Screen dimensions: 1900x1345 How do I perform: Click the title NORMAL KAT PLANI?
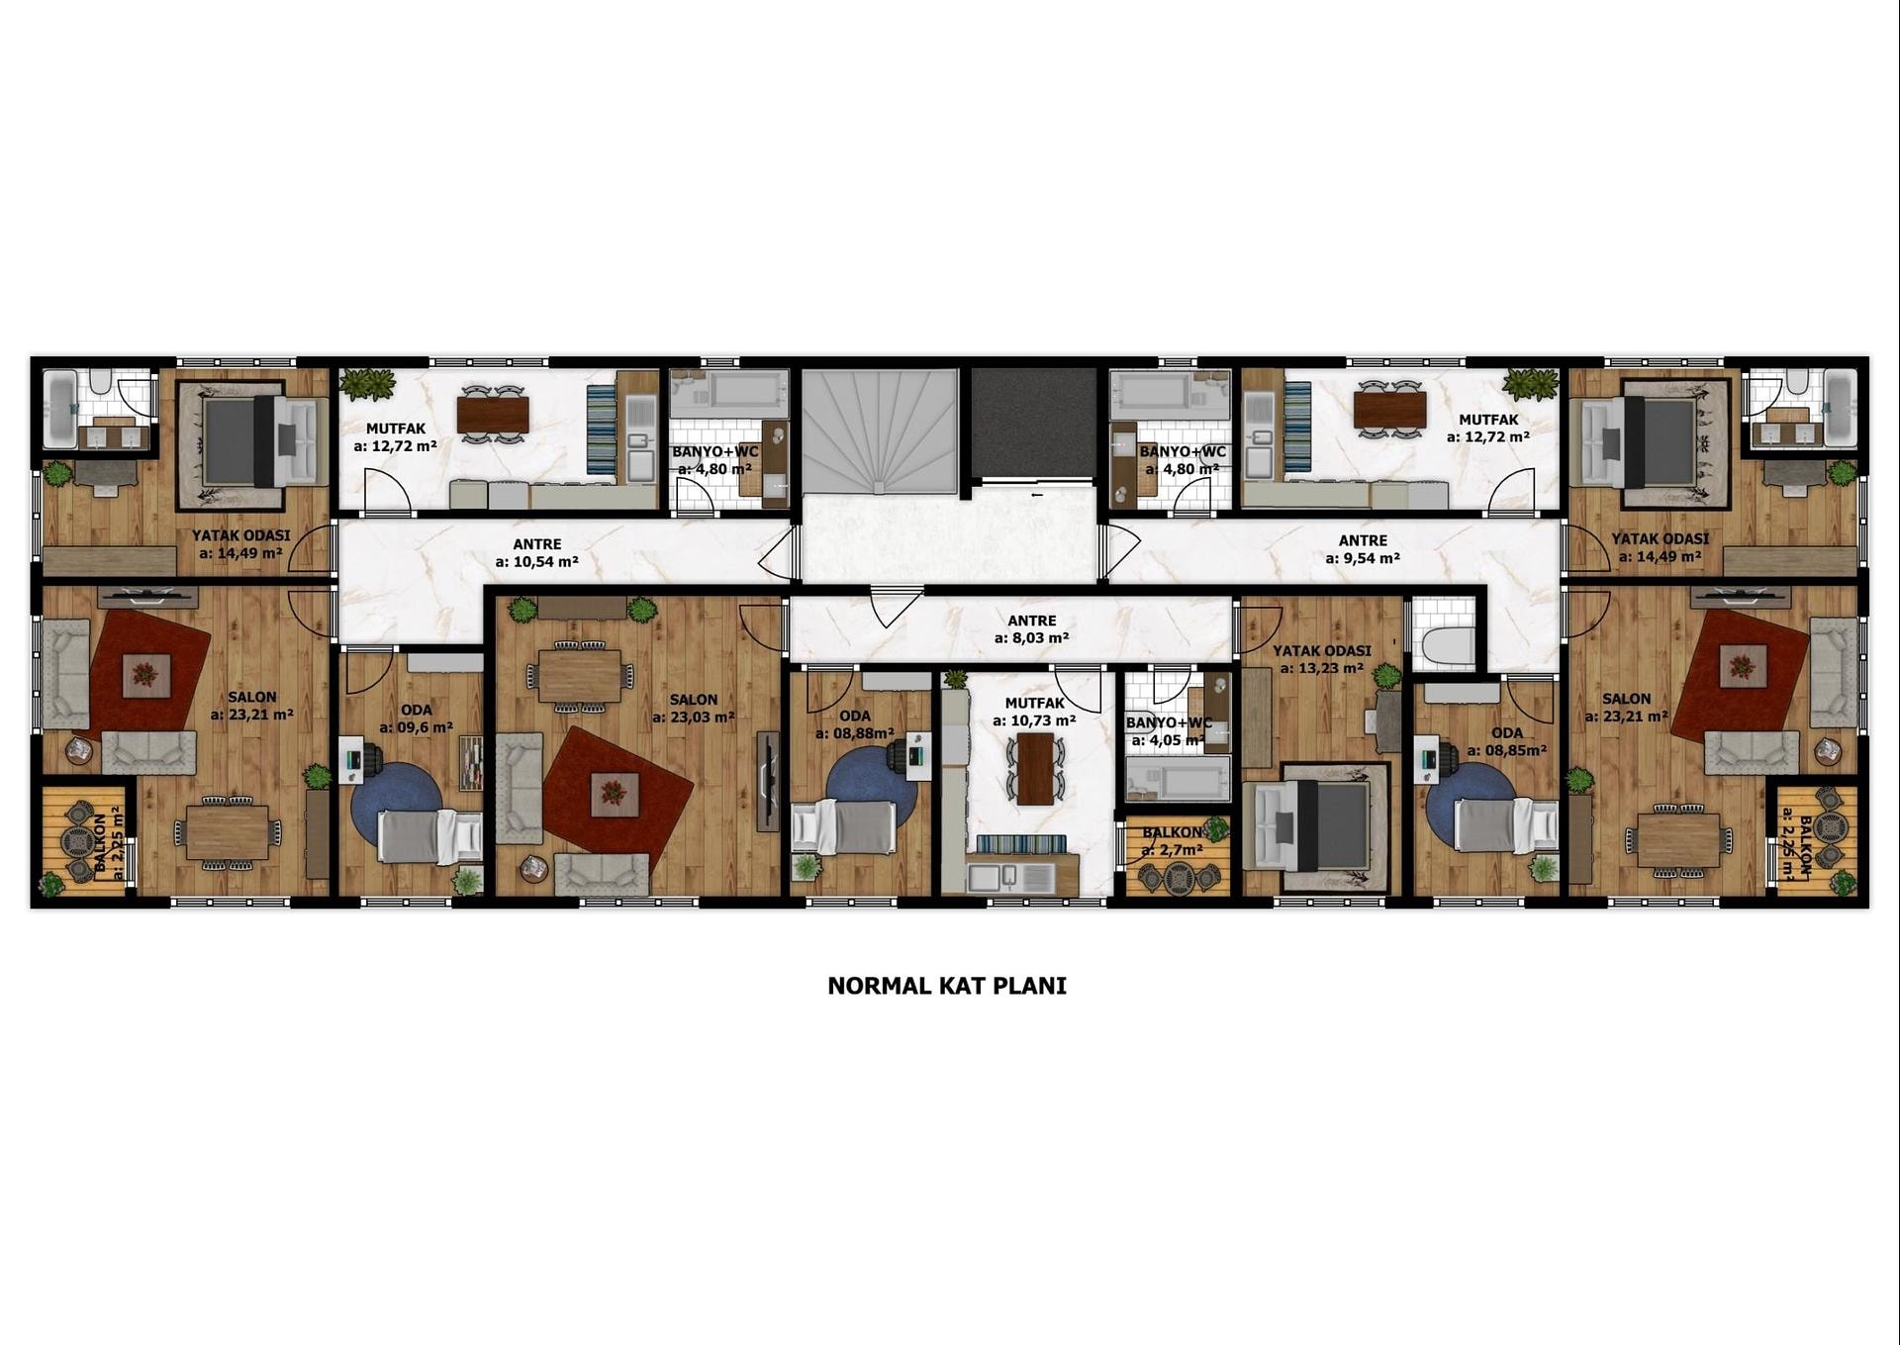[947, 986]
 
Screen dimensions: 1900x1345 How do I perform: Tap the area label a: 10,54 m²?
[537, 562]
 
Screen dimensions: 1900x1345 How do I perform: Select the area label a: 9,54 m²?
[1363, 558]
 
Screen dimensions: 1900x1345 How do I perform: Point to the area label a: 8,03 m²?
[1031, 638]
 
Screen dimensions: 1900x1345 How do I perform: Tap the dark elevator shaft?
[1034, 424]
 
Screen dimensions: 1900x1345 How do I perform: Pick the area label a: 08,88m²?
[855, 733]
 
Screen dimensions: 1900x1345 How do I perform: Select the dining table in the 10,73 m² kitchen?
[1035, 768]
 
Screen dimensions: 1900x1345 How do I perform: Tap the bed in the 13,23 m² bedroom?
[1311, 823]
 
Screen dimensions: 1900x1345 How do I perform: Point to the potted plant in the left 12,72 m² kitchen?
[368, 383]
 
